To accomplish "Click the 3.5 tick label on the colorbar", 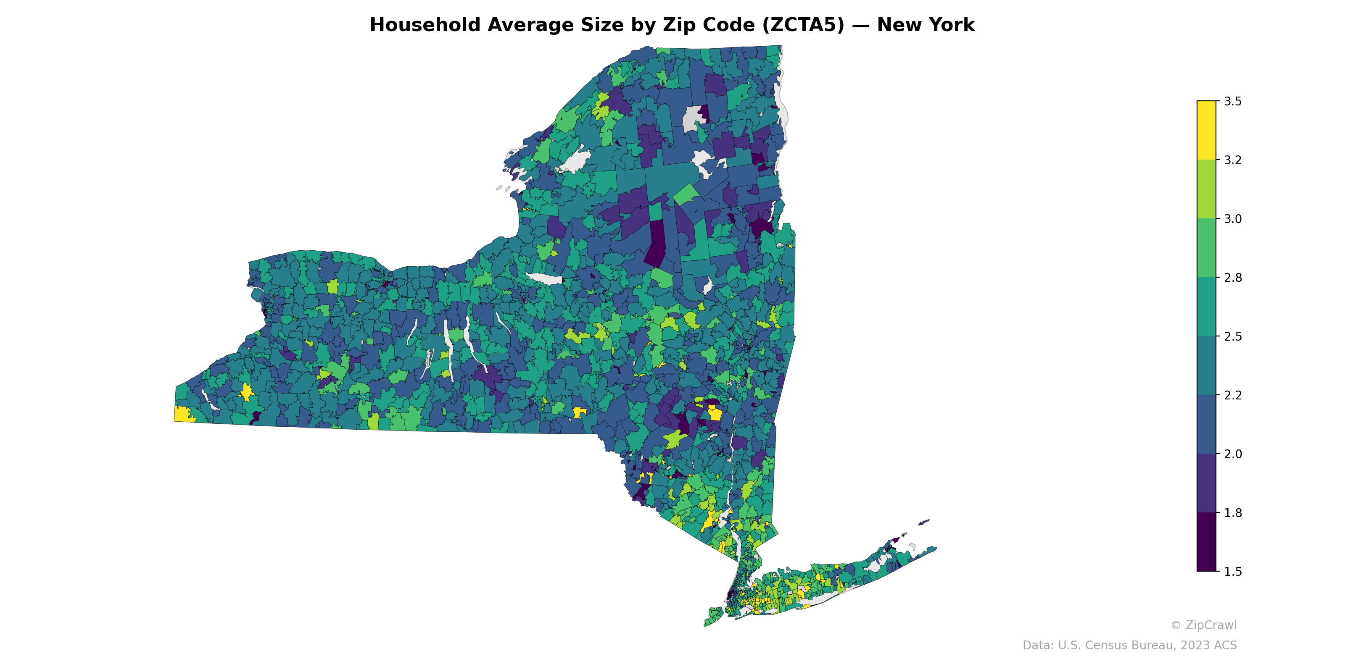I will coord(1233,101).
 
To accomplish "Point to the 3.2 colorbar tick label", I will coord(1233,160).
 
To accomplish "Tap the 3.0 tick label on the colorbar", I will coord(1233,218).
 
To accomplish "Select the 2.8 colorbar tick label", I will coord(1233,278).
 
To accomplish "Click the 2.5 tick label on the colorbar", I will coord(1233,336).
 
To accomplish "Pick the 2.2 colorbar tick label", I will coord(1233,395).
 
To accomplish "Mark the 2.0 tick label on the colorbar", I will coord(1233,454).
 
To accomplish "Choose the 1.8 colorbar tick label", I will coord(1233,513).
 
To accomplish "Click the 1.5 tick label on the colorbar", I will coord(1233,571).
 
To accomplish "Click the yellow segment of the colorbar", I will coord(1206,131).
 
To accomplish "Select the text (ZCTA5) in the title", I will coord(803,25).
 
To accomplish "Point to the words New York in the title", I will coord(925,25).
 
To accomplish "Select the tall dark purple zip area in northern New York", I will coord(656,243).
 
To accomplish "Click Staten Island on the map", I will coord(714,616).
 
